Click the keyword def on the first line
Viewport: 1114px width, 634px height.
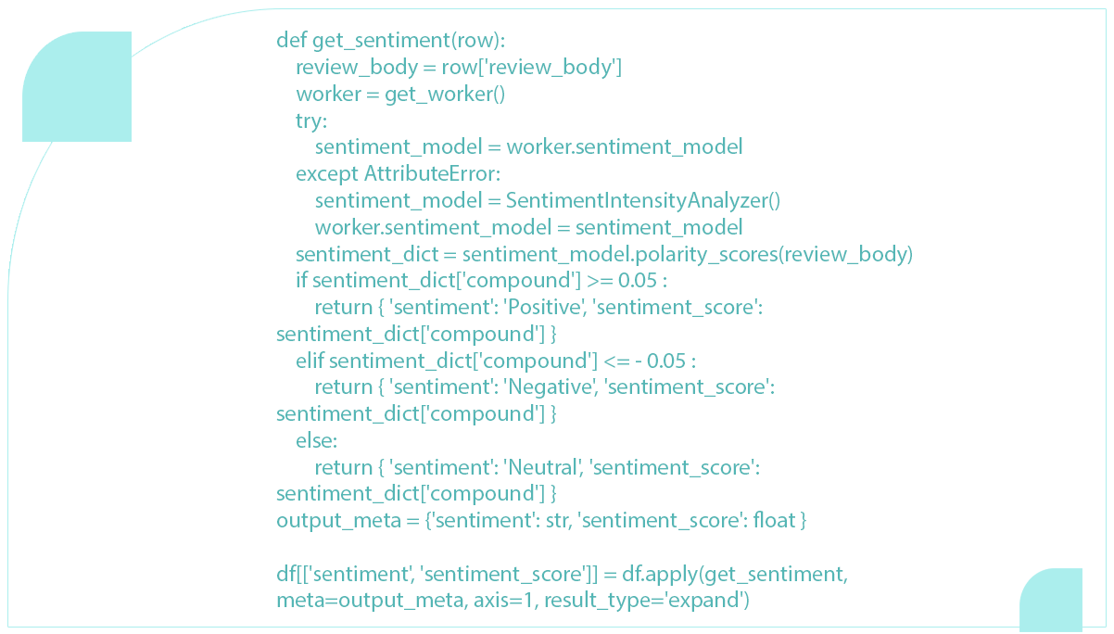[291, 40]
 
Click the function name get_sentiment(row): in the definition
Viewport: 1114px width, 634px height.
[409, 41]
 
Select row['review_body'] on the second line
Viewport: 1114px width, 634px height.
[532, 68]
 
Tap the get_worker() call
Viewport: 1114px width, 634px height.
[445, 95]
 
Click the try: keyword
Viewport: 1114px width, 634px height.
[311, 120]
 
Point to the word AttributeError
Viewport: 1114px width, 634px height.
[432, 173]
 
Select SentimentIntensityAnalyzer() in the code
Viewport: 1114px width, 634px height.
[643, 201]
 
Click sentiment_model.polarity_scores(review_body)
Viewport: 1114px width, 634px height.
[688, 255]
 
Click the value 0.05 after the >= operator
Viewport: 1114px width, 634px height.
[638, 281]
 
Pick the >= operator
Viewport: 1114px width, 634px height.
[600, 281]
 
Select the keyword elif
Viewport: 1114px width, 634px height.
[310, 361]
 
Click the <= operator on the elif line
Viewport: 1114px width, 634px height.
[616, 361]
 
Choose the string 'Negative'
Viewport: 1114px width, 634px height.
[549, 387]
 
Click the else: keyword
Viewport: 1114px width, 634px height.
[316, 440]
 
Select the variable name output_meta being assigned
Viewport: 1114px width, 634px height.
[338, 521]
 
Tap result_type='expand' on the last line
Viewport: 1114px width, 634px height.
[647, 601]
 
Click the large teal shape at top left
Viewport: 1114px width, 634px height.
[77, 86]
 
